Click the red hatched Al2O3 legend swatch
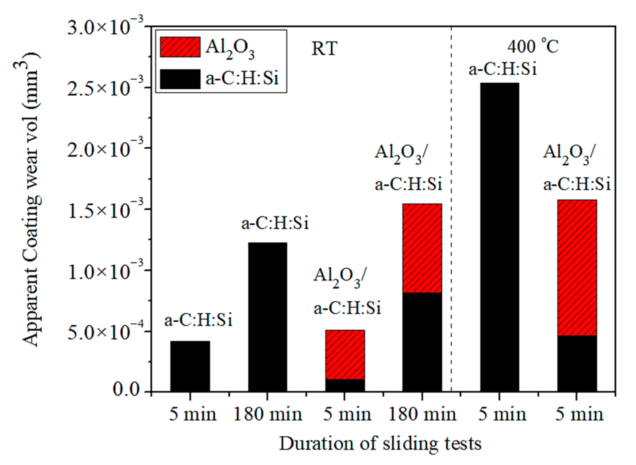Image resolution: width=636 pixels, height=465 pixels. tap(180, 47)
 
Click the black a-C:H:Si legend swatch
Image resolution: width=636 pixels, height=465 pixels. tap(180, 79)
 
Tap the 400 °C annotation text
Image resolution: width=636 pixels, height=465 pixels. tap(533, 46)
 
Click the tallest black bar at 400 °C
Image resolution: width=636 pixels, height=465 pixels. tap(499, 238)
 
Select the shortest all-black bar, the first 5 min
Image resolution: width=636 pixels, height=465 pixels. tap(190, 366)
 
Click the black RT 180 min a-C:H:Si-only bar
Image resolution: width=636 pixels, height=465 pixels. tap(268, 317)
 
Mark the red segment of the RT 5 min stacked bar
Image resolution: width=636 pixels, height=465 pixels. tap(345, 354)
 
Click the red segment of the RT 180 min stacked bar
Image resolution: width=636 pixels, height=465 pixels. tap(422, 248)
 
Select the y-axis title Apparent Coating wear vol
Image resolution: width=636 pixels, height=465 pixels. tap(31, 200)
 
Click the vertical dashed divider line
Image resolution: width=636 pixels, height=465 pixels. tap(451, 213)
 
